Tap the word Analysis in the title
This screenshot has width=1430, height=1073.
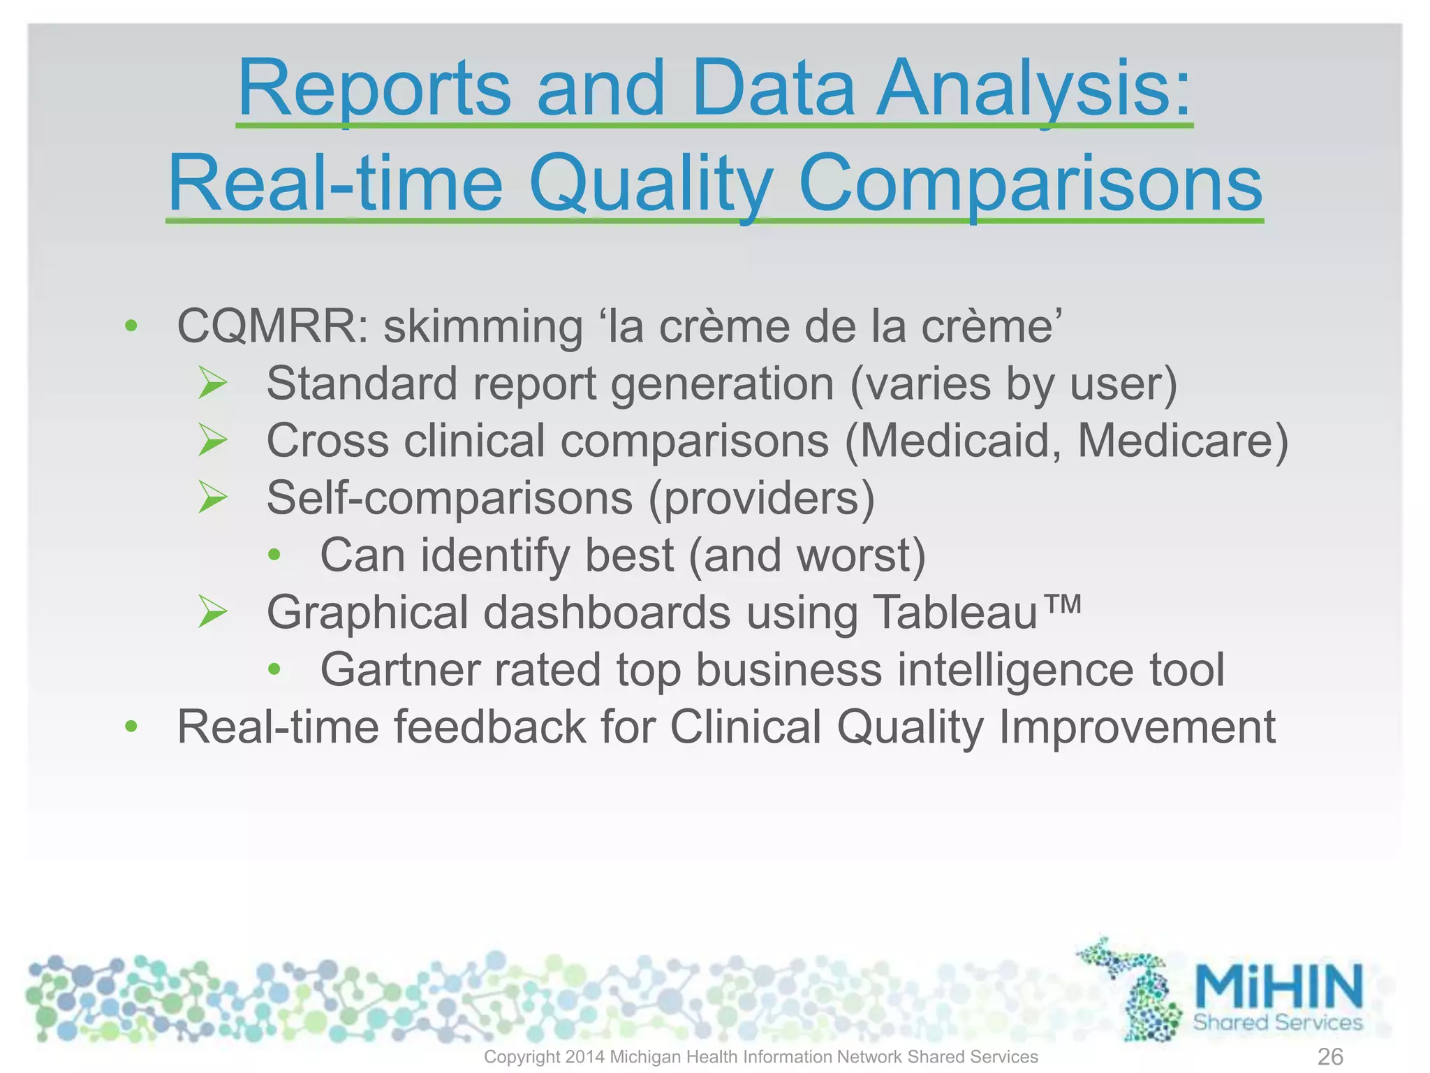tap(1033, 89)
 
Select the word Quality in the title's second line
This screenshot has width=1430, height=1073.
tap(650, 184)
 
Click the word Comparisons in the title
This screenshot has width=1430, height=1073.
tap(1030, 184)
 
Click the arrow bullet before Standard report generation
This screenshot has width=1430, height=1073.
tap(212, 384)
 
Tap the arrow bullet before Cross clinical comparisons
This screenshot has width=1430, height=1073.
tap(212, 441)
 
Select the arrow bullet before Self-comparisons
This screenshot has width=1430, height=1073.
tap(212, 498)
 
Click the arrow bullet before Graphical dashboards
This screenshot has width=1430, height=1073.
tap(212, 612)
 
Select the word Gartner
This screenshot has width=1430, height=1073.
tap(399, 670)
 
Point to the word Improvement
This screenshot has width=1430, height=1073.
tap(1137, 727)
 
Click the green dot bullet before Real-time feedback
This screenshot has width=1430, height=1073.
tap(131, 727)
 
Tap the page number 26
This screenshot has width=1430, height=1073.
tap(1330, 1056)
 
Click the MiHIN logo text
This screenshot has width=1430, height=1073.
tap(1278, 985)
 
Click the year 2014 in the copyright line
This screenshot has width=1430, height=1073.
tap(584, 1057)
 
